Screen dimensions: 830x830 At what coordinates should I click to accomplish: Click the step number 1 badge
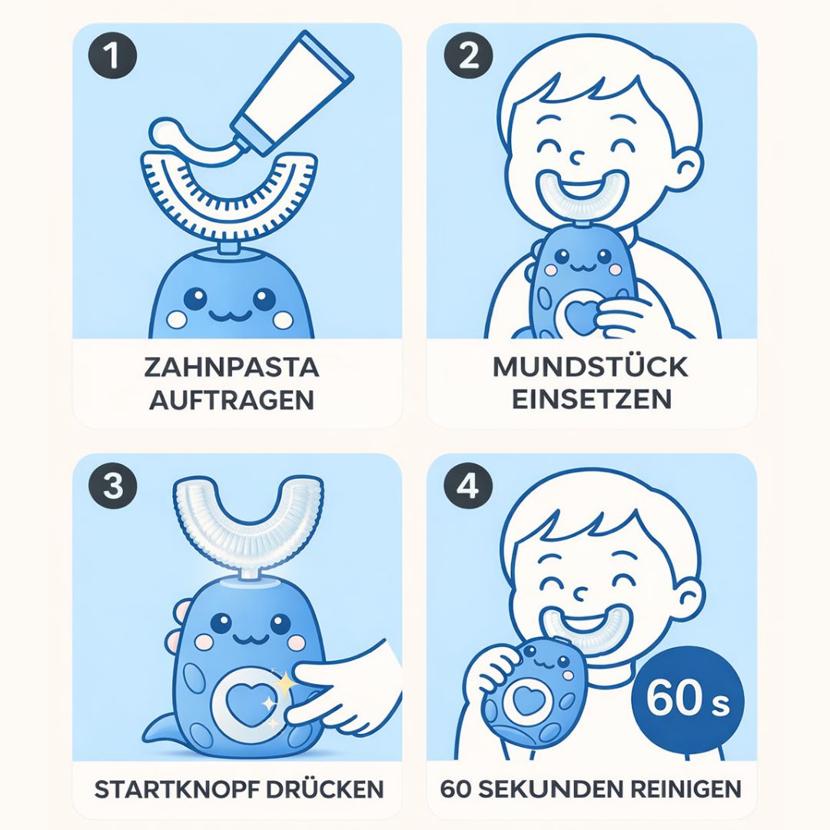(x=112, y=55)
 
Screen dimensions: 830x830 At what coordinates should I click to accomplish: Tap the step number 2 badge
(x=469, y=55)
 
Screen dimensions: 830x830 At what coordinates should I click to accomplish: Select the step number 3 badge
(x=112, y=486)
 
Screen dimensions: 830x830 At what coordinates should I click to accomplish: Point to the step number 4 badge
(x=469, y=486)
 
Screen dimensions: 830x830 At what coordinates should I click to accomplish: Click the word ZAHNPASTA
(x=232, y=367)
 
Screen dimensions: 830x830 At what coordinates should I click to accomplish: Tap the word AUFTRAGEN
(x=232, y=400)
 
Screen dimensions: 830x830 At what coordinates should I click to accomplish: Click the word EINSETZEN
(x=592, y=399)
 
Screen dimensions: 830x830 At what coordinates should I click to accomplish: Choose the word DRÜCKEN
(x=324, y=788)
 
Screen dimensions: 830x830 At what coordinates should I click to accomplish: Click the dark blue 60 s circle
(x=688, y=702)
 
